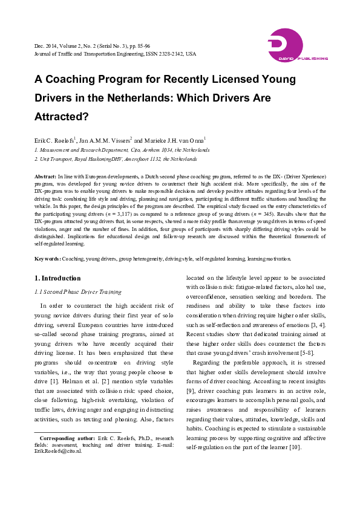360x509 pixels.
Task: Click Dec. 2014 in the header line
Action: click(x=45, y=46)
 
